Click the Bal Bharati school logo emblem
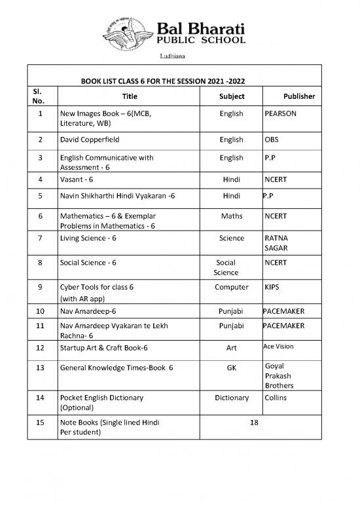pos(128,33)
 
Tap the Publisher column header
pos(298,96)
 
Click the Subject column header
pos(232,96)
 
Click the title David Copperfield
pos(90,140)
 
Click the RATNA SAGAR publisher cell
pos(276,244)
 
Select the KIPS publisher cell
pos(272,288)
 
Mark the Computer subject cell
pos(232,288)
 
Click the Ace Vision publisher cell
pos(278,346)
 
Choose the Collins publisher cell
pos(276,398)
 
